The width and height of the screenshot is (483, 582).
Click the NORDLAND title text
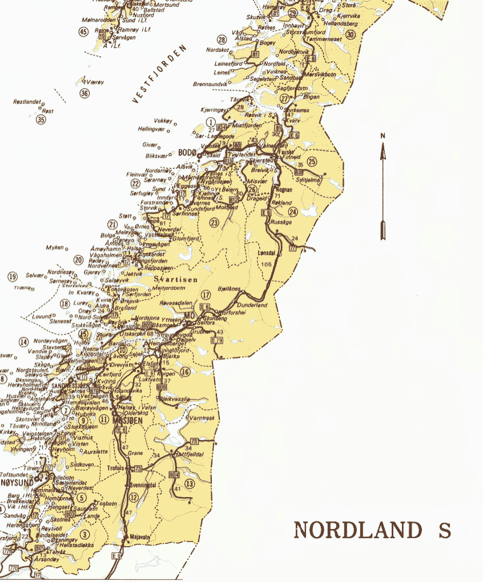tap(358, 530)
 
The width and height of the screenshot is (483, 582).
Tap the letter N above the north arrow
tap(383, 136)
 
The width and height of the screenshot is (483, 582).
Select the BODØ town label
tap(187, 152)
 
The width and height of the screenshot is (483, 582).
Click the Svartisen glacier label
tap(176, 279)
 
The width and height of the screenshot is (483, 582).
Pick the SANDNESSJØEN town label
tap(73, 385)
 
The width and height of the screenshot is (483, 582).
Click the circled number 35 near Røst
tap(41, 120)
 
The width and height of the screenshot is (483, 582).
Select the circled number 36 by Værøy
tap(84, 93)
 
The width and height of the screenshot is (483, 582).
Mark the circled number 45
tap(84, 31)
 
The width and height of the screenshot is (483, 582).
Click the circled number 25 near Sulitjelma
tap(311, 161)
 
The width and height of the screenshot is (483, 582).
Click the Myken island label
tap(55, 248)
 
